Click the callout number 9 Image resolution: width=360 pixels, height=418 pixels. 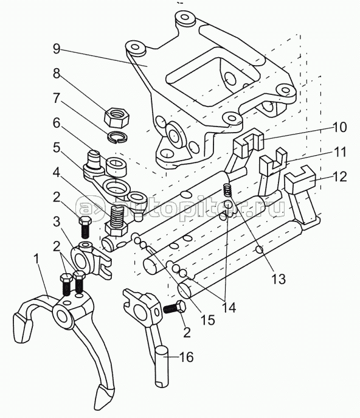click(57, 49)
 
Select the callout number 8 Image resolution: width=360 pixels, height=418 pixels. click(57, 74)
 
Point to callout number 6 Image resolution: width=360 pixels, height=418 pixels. click(57, 124)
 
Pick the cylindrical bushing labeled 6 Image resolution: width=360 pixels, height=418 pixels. click(116, 167)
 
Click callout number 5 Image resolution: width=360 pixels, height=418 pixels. click(57, 148)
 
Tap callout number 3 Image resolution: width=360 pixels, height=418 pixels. click(57, 222)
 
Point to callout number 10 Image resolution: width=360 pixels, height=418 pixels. click(339, 127)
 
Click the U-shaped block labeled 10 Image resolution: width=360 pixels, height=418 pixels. click(248, 143)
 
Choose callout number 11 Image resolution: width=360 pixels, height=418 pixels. click(339, 152)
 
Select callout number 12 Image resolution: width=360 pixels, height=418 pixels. click(339, 176)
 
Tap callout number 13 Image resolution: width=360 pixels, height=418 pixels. click(279, 279)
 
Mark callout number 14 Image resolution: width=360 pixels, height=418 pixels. click(229, 308)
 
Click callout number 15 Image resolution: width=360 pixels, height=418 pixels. click(208, 319)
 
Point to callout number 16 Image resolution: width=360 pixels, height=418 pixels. click(186, 357)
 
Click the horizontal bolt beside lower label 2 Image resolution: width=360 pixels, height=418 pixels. click(175, 307)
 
